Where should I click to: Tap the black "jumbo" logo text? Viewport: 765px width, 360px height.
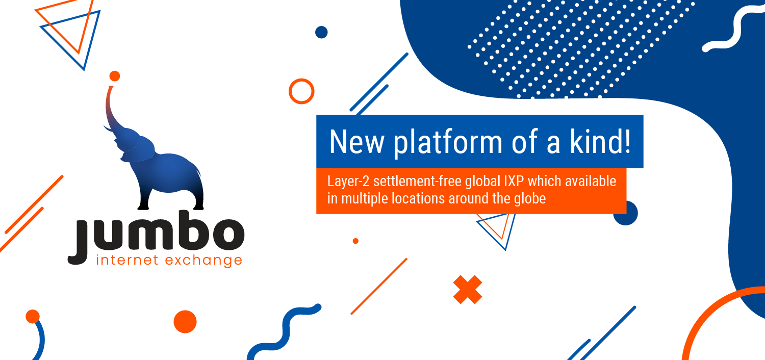(156, 237)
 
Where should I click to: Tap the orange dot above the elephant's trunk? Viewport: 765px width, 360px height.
(115, 76)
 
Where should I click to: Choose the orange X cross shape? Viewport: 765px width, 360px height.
(468, 290)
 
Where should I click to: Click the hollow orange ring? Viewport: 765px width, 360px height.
(301, 91)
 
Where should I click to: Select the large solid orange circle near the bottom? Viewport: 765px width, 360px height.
(185, 322)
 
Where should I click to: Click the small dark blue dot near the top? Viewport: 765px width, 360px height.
(321, 32)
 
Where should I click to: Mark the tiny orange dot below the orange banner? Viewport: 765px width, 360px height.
(355, 241)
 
